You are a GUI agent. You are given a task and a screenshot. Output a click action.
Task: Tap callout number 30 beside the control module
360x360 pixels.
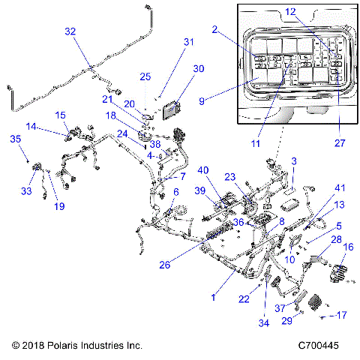pyautogui.click(x=197, y=68)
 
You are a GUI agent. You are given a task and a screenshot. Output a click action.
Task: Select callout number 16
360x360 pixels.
pyautogui.click(x=347, y=247)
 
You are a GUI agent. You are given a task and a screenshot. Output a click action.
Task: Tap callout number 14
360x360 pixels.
pyautogui.click(x=31, y=127)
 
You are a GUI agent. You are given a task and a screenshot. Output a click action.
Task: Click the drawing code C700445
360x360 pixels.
pyautogui.click(x=319, y=346)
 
